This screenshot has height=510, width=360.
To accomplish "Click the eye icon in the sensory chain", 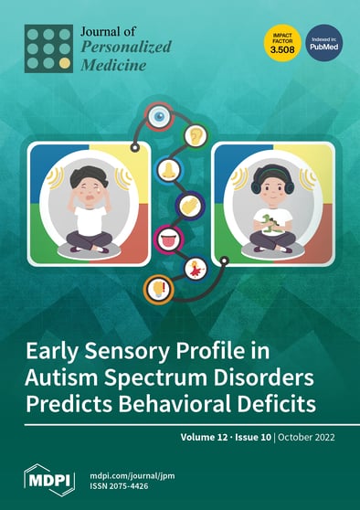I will point(161,118).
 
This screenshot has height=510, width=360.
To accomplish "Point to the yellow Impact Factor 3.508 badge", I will point(281,42).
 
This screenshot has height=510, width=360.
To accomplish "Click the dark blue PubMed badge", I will point(323,42).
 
